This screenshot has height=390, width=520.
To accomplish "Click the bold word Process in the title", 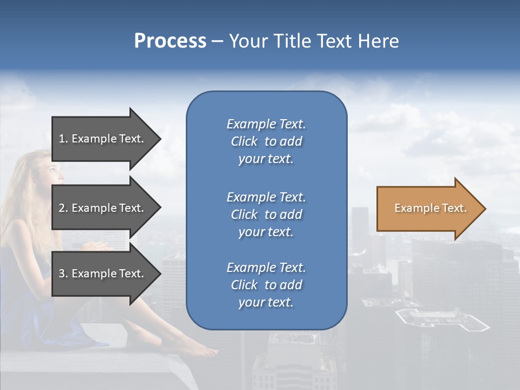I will (x=170, y=41).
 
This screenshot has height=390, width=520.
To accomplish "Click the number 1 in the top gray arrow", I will (x=62, y=139).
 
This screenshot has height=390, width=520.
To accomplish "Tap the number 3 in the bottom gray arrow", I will (x=62, y=274).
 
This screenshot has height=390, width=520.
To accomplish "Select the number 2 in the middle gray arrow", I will (x=62, y=208).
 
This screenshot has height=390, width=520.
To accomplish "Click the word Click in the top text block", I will (x=244, y=141).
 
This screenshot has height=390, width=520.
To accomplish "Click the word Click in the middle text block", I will (x=244, y=214).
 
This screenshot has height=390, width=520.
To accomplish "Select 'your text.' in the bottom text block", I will (x=266, y=302).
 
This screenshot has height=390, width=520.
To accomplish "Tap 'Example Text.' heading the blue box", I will (x=266, y=124).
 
